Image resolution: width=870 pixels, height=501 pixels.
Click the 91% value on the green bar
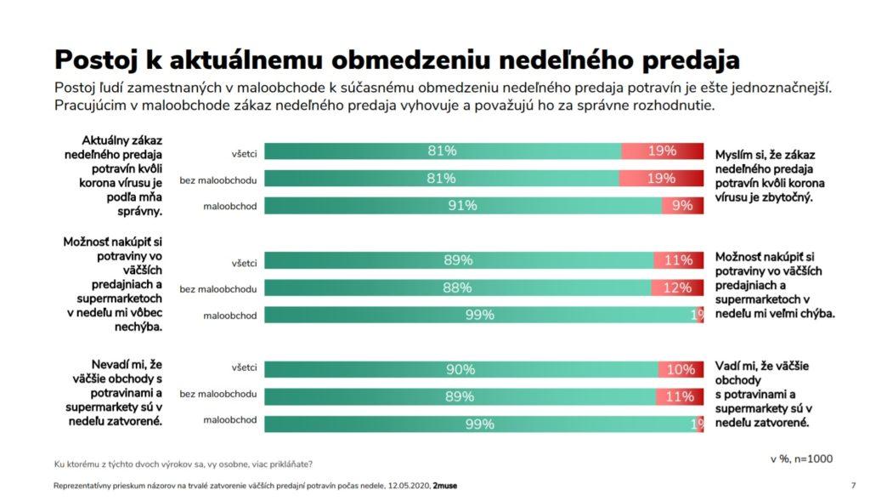click(x=463, y=206)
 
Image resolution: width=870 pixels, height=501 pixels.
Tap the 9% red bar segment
click(x=682, y=206)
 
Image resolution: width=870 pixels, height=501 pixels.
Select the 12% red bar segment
click(x=677, y=288)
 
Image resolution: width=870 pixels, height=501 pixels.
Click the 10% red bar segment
click(x=681, y=369)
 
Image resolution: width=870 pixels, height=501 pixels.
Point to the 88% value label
click(x=457, y=288)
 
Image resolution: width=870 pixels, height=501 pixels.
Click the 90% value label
click(x=460, y=369)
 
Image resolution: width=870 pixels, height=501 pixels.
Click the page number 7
click(x=852, y=486)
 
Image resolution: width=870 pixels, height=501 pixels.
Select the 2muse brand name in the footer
click(x=445, y=486)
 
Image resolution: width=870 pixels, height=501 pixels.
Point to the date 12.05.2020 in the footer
click(x=402, y=486)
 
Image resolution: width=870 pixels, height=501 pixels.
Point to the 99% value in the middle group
click(x=480, y=315)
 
